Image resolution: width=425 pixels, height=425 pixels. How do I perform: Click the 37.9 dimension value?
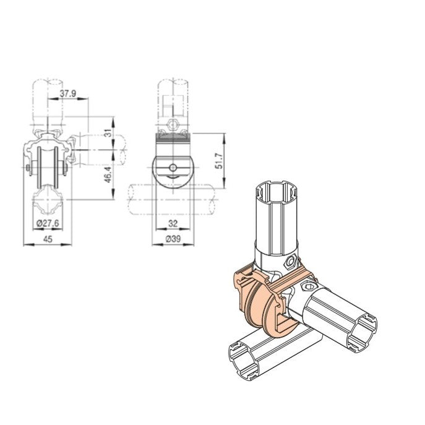pyautogui.click(x=68, y=93)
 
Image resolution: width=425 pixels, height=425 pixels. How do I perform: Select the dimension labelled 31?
pyautogui.click(x=108, y=133)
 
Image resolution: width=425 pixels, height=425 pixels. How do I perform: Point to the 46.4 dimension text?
pyautogui.click(x=108, y=177)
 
